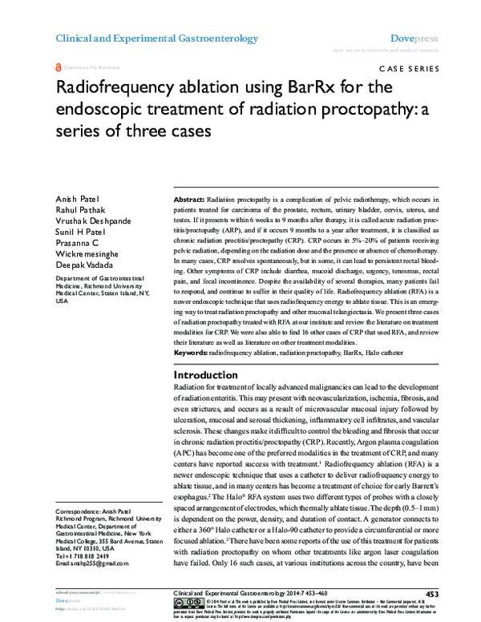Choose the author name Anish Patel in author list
coord(75,200)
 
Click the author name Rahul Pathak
coord(78,210)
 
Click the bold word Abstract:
coord(189,198)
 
